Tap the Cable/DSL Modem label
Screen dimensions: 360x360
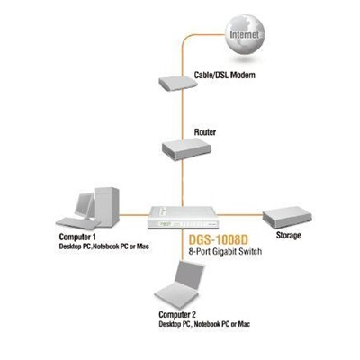click(x=225, y=75)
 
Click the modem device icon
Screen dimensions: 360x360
click(x=178, y=84)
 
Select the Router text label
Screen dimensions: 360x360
click(x=205, y=132)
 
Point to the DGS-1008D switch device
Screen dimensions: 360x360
click(x=182, y=218)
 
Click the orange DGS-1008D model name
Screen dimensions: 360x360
click(x=219, y=239)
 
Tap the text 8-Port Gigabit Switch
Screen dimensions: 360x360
click(x=225, y=251)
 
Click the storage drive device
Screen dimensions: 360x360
click(x=287, y=218)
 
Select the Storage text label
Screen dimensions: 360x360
click(x=289, y=235)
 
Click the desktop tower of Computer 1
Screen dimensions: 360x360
click(x=107, y=206)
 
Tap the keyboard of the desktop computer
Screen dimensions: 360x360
click(x=77, y=223)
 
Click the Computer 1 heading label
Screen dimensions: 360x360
click(x=77, y=237)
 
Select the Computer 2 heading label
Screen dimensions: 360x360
click(x=177, y=315)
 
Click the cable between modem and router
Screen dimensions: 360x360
click(x=182, y=115)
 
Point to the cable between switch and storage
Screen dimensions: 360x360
click(x=239, y=215)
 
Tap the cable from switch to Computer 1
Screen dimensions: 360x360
click(x=134, y=215)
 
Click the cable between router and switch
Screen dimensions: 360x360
click(x=182, y=183)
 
